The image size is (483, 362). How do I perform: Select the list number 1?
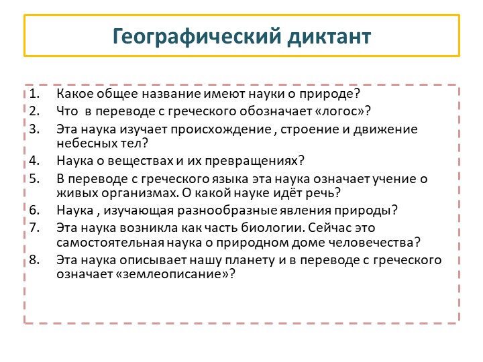click(x=35, y=93)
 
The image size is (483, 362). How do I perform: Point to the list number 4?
click(x=35, y=161)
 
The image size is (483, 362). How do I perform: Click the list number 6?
click(x=35, y=210)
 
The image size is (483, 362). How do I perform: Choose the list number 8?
click(x=35, y=260)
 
